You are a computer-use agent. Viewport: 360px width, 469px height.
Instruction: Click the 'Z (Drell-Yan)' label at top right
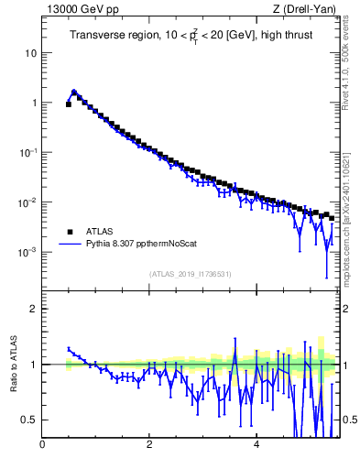tap(310, 9)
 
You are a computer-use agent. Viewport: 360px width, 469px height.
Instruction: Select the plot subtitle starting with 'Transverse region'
tap(189, 36)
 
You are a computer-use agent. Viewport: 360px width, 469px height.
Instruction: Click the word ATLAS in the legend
tap(99, 232)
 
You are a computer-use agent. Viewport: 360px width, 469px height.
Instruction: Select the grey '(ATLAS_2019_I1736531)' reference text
tap(189, 274)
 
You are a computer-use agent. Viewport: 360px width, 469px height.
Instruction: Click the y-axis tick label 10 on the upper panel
tap(29, 53)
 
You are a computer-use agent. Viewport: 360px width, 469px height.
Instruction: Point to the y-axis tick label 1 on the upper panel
tap(33, 103)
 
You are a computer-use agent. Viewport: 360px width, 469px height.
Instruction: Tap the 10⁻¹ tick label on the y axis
tap(27, 152)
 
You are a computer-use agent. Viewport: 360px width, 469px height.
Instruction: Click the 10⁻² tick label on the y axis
tap(27, 202)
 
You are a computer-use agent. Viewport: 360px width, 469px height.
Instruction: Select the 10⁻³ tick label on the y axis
tap(27, 251)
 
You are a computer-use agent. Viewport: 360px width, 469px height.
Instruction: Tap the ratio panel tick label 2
tap(33, 309)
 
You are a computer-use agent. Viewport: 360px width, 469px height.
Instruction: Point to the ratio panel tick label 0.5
tap(29, 420)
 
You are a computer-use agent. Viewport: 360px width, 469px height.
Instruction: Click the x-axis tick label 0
tap(42, 445)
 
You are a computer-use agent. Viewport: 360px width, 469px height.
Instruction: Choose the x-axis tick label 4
tap(256, 445)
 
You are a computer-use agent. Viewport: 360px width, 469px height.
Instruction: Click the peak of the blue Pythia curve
tap(74, 91)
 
